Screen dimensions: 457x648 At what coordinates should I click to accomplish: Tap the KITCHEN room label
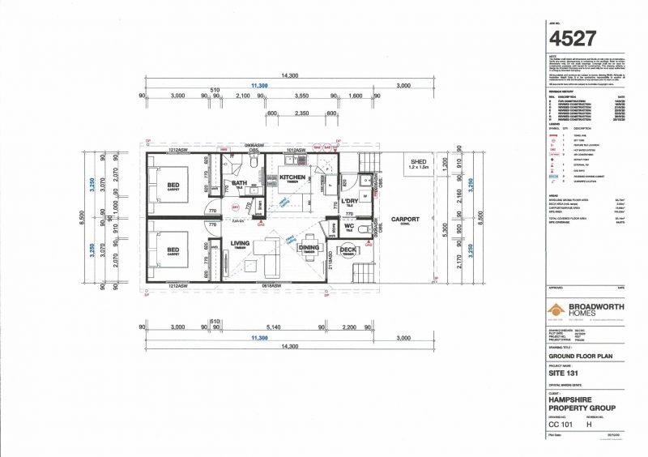(x=293, y=177)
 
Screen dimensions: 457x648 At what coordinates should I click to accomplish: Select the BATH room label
(x=240, y=183)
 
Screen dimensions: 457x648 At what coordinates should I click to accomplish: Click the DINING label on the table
(x=308, y=250)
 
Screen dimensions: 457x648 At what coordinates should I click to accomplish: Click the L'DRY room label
(x=349, y=200)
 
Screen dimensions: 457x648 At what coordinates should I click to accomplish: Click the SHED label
(x=418, y=162)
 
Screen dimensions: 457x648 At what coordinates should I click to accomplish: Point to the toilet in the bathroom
(x=253, y=164)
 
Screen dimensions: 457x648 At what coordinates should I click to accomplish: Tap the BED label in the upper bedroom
(x=174, y=185)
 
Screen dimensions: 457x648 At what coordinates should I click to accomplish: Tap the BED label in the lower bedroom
(x=174, y=251)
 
